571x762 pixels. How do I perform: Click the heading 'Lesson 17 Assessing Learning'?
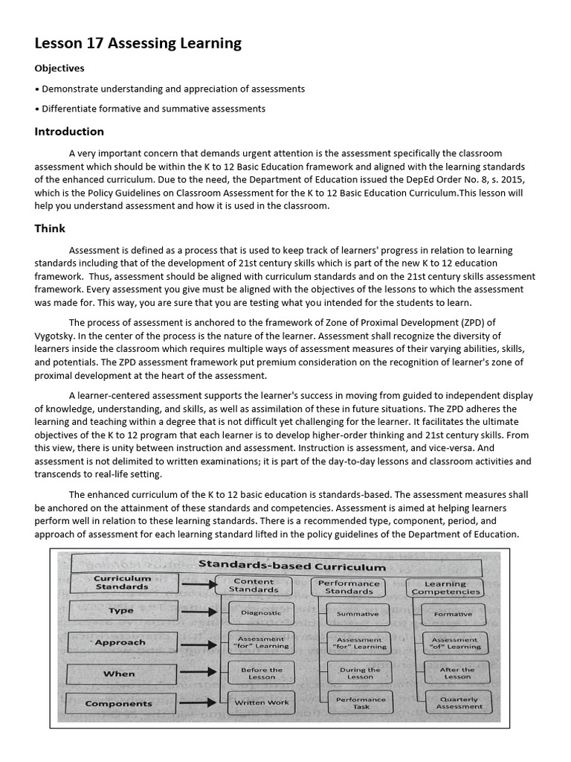click(x=138, y=43)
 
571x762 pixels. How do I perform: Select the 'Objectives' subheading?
click(x=59, y=68)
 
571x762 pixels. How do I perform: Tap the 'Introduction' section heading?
click(x=69, y=132)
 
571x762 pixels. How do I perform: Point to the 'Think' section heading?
click(x=50, y=228)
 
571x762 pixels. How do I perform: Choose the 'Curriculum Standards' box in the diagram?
click(x=122, y=582)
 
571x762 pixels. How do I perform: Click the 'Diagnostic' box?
click(x=260, y=613)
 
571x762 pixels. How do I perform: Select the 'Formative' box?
click(x=453, y=614)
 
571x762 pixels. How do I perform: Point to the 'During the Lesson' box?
click(x=360, y=673)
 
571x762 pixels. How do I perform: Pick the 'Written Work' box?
click(x=261, y=702)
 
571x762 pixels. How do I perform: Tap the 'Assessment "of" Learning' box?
click(x=456, y=643)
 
